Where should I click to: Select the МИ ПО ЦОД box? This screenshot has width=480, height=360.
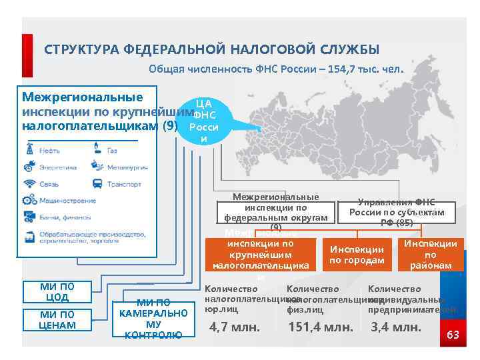click(x=57, y=292)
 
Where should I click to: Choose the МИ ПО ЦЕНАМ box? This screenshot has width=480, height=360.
click(x=57, y=319)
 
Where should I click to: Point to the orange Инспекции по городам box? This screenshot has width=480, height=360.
click(x=357, y=255)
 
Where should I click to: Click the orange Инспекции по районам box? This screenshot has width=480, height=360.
click(x=430, y=255)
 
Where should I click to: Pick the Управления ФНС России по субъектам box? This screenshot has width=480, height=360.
click(x=396, y=212)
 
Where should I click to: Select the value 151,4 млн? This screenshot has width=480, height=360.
click(x=320, y=327)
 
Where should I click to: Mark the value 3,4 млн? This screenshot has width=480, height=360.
click(x=396, y=327)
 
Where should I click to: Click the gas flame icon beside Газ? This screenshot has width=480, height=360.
click(x=97, y=151)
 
